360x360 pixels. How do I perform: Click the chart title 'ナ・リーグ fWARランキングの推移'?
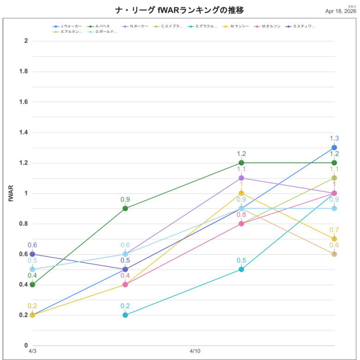tap(179, 10)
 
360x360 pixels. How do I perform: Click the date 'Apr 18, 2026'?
tap(341, 11)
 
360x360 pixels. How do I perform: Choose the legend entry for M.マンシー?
tap(239, 26)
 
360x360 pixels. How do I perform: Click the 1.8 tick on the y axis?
tap(23, 71)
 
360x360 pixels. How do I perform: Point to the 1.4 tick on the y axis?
tap(23, 132)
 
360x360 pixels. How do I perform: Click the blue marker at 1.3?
tap(334, 148)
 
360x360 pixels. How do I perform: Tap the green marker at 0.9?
tap(125, 208)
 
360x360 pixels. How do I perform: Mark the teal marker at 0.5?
tap(241, 269)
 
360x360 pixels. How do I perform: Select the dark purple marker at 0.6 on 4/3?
tap(32, 254)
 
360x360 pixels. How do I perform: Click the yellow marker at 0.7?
tap(334, 239)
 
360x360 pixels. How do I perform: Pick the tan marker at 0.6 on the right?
tap(334, 254)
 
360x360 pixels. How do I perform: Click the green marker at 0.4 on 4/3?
tap(32, 284)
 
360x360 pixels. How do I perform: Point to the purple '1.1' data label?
tap(241, 169)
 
